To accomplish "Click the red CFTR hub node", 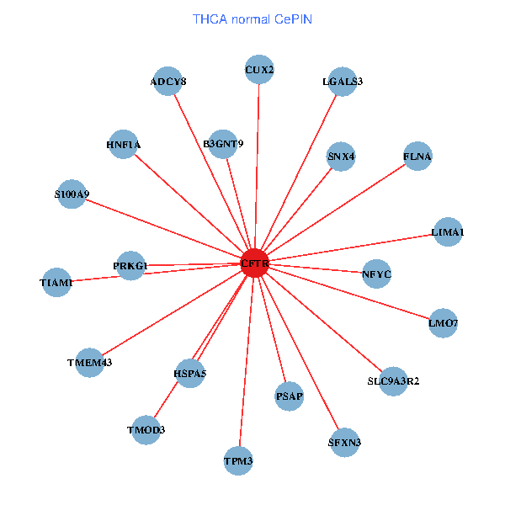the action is (x=255, y=263).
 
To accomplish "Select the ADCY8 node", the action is (x=168, y=82).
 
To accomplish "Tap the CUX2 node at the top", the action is (x=259, y=70).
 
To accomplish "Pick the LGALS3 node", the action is (x=343, y=82).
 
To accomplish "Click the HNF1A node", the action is (x=124, y=145).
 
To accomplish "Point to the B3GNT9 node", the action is (x=223, y=144).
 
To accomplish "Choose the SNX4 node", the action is (x=341, y=157).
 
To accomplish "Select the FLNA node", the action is (x=417, y=157).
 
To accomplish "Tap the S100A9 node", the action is (x=72, y=194).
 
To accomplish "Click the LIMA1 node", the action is (x=447, y=231).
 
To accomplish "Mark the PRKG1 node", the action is (x=130, y=266).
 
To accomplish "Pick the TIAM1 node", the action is (x=56, y=283).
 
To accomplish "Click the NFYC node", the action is (x=376, y=274).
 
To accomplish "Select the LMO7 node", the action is (x=443, y=323).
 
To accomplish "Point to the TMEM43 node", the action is (x=89, y=363).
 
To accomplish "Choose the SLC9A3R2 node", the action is (x=393, y=381).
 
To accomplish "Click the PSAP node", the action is (x=289, y=396).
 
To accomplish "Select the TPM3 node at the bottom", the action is (x=238, y=460).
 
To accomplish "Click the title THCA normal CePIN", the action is (x=252, y=19).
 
